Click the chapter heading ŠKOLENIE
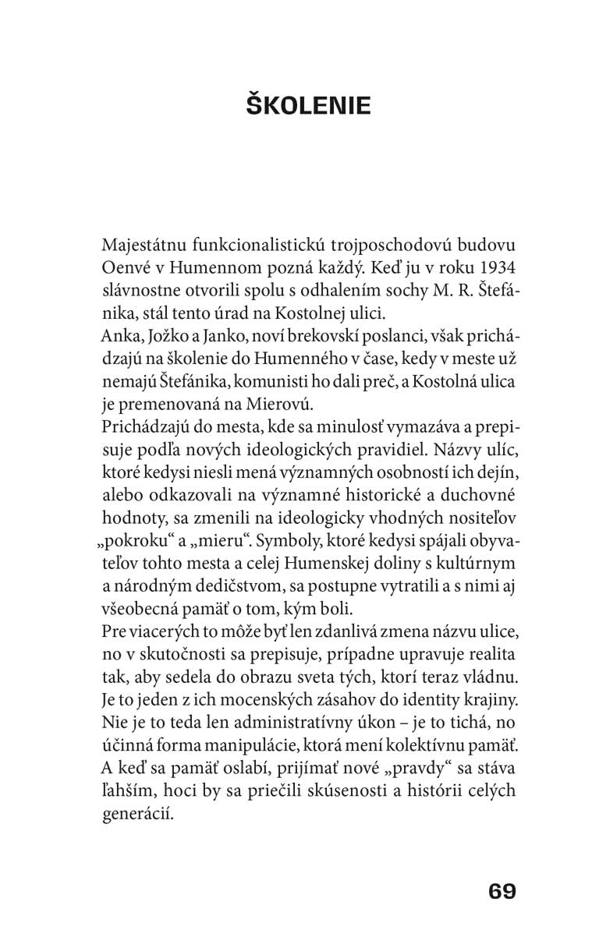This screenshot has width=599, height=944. click(309, 104)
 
